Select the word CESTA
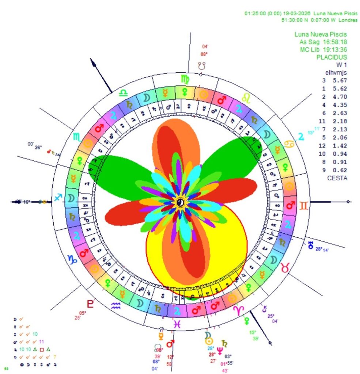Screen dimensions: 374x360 point(337,178)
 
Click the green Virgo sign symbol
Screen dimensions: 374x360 point(185,79)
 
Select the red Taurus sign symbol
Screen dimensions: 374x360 point(285,268)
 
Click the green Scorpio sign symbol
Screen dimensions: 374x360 point(77,137)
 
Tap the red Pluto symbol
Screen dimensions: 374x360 point(90,303)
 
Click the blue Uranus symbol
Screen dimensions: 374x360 point(311,245)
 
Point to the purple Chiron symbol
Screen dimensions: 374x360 point(264,309)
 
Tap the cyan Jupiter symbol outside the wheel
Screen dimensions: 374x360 point(301,137)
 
